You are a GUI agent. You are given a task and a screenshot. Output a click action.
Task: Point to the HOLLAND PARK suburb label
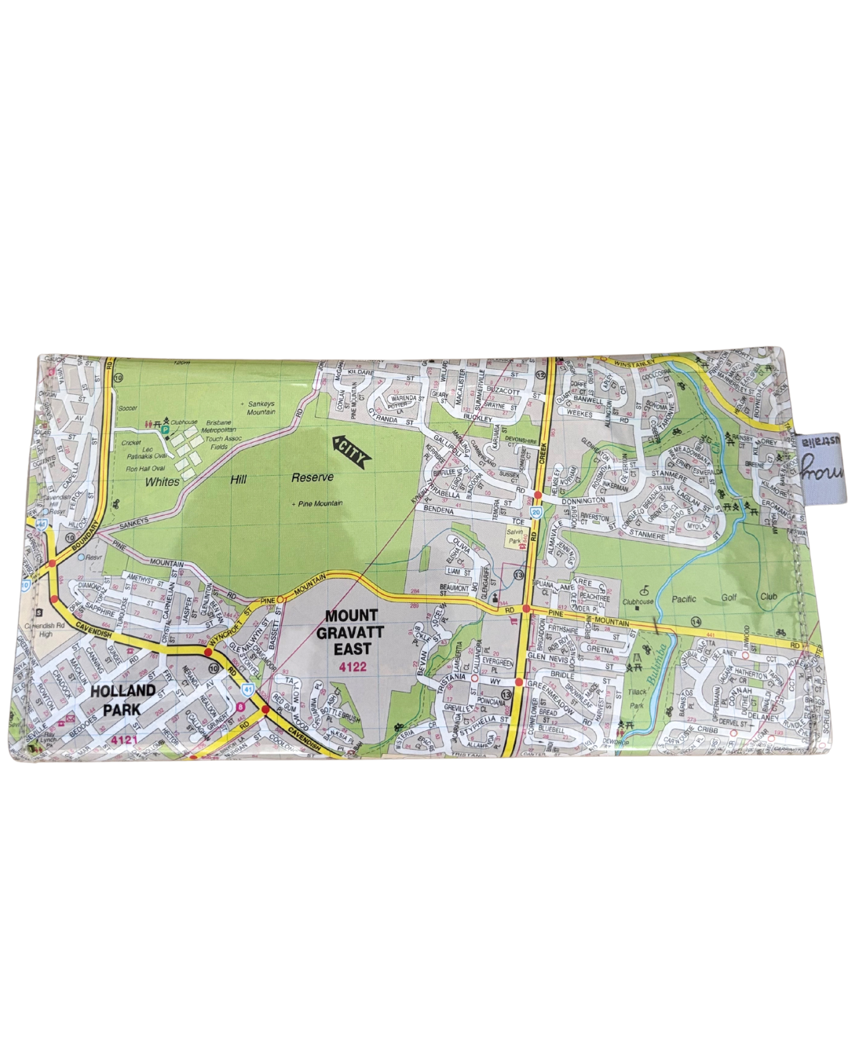coord(122,700)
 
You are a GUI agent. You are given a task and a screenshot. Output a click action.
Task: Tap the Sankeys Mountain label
coord(261,407)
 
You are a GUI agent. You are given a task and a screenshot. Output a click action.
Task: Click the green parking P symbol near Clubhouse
coord(164,429)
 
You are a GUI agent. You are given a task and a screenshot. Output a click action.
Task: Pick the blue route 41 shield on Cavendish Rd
coord(247,689)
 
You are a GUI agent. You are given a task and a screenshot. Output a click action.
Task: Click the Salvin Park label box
coord(514,536)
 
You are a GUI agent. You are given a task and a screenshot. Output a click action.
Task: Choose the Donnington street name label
coord(583,499)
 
